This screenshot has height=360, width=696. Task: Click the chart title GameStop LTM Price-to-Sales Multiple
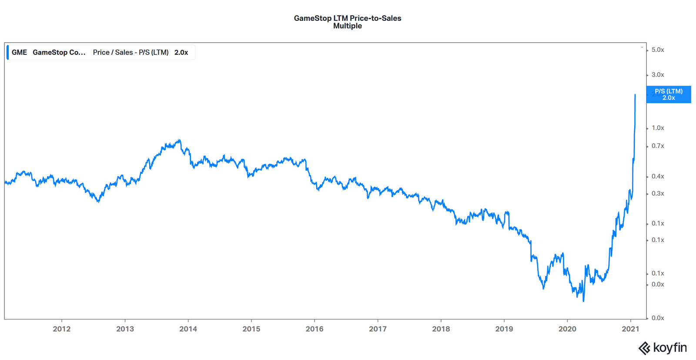347,22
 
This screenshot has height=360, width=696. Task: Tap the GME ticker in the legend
19,52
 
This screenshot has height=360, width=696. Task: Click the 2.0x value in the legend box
181,52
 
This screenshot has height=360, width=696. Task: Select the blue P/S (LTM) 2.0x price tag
668,94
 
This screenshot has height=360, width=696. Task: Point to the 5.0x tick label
657,50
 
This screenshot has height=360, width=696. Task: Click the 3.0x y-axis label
657,75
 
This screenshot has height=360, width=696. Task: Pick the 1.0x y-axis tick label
657,128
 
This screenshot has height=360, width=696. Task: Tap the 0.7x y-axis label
657,146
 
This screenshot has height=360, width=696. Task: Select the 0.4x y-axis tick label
657,176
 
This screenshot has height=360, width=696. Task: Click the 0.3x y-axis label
657,194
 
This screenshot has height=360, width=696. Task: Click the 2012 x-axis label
61,329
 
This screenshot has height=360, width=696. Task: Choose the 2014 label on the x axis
188,329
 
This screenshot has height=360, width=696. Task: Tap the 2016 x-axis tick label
314,329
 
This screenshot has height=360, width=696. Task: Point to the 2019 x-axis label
504,329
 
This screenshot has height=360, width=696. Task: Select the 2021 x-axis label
630,329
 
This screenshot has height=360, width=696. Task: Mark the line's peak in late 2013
180,140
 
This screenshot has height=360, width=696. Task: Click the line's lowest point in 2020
583,301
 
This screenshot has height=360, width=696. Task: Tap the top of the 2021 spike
635,94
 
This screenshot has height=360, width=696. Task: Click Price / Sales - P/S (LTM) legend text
130,52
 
